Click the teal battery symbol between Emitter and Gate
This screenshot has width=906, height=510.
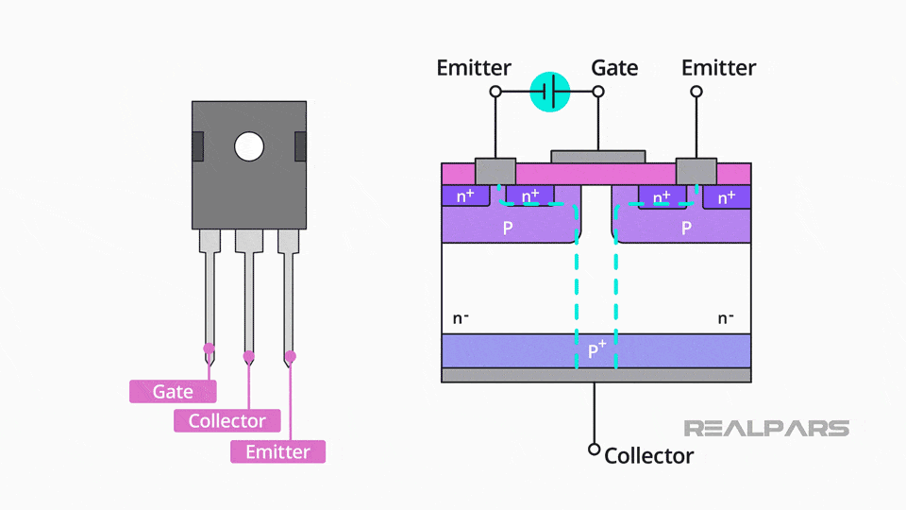pyautogui.click(x=550, y=92)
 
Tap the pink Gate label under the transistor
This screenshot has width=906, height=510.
pyautogui.click(x=173, y=391)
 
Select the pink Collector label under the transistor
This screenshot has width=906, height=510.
pyautogui.click(x=226, y=421)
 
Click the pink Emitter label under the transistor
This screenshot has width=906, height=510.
pyautogui.click(x=277, y=451)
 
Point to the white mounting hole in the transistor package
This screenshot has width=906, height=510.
pyautogui.click(x=249, y=146)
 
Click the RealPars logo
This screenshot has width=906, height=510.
pyautogui.click(x=765, y=428)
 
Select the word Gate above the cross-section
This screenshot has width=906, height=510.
pyautogui.click(x=614, y=68)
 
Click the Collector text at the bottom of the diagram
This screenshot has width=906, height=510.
pyautogui.click(x=648, y=456)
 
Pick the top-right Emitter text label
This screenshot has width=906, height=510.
pyautogui.click(x=718, y=68)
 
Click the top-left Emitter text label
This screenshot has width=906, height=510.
pyautogui.click(x=474, y=68)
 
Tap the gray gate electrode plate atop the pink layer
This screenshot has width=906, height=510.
pyautogui.click(x=597, y=156)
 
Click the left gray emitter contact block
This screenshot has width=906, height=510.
pyautogui.click(x=495, y=171)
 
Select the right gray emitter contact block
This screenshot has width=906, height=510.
pyautogui.click(x=696, y=171)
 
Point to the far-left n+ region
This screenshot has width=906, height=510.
pyautogui.click(x=465, y=197)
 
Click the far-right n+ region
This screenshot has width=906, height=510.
pyautogui.click(x=726, y=197)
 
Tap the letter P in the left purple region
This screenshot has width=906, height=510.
pyautogui.click(x=508, y=229)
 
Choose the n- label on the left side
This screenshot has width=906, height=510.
pyautogui.click(x=461, y=317)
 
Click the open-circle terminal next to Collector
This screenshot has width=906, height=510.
pyautogui.click(x=595, y=450)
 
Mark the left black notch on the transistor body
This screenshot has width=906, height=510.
pyautogui.click(x=197, y=146)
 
